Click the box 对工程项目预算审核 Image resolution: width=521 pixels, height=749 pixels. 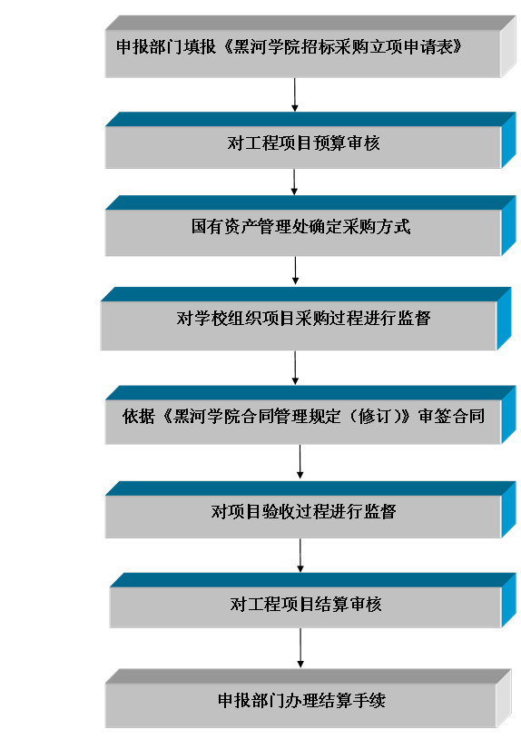(x=310, y=141)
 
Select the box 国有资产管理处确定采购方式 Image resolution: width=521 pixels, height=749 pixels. (x=310, y=225)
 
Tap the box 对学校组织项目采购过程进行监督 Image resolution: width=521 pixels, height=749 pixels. (x=306, y=319)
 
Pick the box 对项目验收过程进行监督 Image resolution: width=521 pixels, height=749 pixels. (x=310, y=509)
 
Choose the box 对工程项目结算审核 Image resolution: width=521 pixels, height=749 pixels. (x=313, y=600)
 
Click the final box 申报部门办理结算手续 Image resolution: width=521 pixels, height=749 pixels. (x=308, y=698)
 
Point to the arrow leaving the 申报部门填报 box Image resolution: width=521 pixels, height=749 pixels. (x=295, y=94)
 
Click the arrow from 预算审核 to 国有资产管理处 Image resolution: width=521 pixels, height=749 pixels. (x=294, y=182)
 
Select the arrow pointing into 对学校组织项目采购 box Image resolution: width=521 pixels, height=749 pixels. (x=296, y=271)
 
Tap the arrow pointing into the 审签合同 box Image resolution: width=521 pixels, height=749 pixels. (x=295, y=368)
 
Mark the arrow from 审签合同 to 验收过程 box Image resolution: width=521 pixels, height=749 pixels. (x=300, y=462)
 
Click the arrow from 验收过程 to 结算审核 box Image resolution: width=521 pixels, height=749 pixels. (x=300, y=556)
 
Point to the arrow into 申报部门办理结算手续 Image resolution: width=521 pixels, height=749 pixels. (x=300, y=648)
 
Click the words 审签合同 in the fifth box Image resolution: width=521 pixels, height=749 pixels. (x=451, y=416)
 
